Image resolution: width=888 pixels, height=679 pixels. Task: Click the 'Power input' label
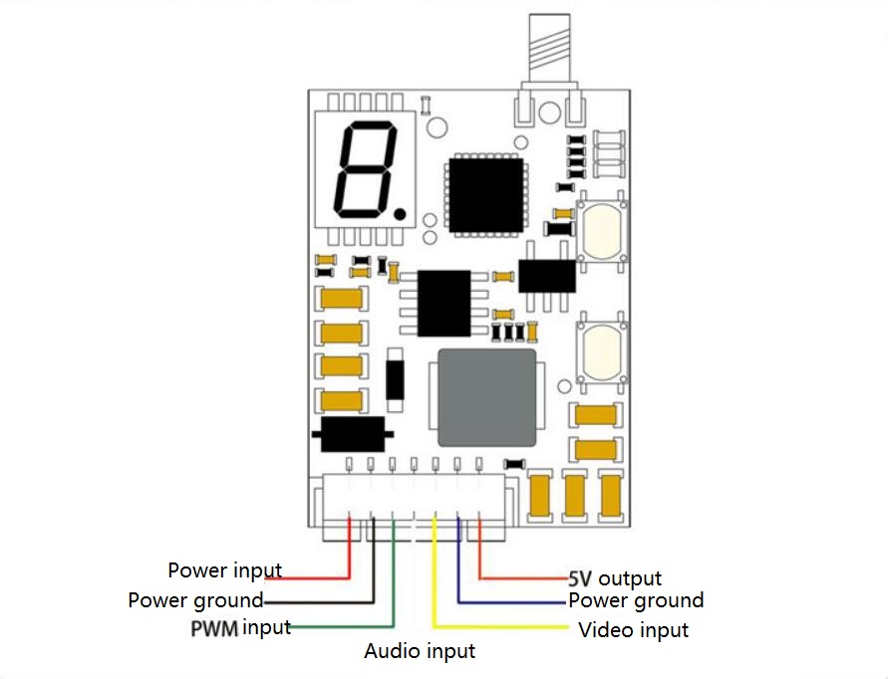click(x=225, y=570)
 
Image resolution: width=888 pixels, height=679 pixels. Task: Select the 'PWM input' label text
click(x=241, y=628)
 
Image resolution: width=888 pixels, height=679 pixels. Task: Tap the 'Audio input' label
click(x=420, y=651)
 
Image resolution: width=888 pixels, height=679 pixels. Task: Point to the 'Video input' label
click(x=633, y=630)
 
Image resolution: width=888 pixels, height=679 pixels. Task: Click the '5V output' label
click(x=615, y=578)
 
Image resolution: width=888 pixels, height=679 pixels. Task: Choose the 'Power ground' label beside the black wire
click(x=196, y=600)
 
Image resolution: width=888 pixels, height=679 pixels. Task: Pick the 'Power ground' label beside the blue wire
click(x=636, y=600)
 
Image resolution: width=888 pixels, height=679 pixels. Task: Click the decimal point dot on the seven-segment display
click(x=400, y=214)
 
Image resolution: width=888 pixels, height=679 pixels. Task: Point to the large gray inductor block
click(x=487, y=398)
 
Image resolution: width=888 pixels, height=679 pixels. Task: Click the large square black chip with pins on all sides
click(x=486, y=195)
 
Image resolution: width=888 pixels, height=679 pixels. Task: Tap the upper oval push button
click(x=602, y=230)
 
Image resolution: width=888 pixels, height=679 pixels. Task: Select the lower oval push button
click(x=602, y=352)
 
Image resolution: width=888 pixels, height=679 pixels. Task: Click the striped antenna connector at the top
click(x=549, y=49)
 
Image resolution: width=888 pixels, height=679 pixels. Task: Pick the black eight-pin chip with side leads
click(x=444, y=304)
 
